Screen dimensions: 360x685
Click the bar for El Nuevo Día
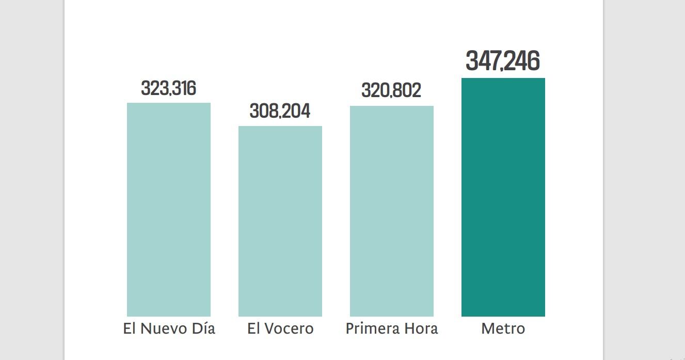point(169,209)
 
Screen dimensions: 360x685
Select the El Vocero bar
point(280,221)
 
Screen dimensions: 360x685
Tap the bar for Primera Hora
point(392,211)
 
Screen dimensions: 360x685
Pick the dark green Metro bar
point(503,197)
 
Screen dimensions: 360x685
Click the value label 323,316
point(169,88)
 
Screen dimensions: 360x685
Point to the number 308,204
point(280,111)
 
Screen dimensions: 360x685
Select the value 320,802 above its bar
point(391,90)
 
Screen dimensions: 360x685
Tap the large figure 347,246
point(503,61)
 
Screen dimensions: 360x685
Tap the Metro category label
point(503,328)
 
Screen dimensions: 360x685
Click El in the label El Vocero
point(253,328)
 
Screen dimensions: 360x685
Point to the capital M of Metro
point(487,328)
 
